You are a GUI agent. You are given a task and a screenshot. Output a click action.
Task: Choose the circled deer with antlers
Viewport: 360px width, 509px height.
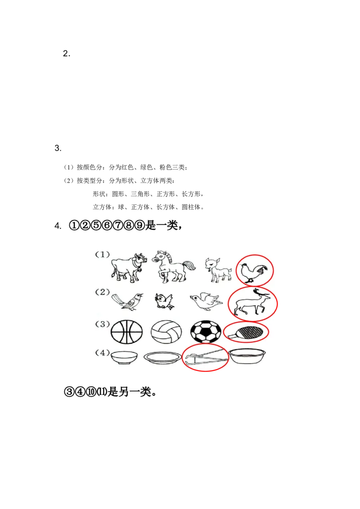click(251, 304)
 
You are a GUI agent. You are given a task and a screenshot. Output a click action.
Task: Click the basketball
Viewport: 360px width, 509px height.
click(126, 332)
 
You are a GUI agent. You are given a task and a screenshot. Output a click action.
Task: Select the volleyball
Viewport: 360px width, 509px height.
click(166, 332)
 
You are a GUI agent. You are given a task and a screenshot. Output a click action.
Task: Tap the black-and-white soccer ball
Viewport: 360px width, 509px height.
click(206, 332)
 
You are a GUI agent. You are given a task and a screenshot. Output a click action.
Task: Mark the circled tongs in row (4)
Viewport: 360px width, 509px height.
click(205, 358)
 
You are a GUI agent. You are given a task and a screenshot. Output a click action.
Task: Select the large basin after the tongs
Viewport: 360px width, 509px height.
click(247, 357)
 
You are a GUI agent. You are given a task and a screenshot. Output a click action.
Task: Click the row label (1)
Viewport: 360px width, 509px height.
click(102, 254)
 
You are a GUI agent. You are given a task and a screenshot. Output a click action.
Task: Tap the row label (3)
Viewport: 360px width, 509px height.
click(102, 324)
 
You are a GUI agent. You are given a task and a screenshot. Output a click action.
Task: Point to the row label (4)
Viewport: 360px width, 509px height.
click(102, 353)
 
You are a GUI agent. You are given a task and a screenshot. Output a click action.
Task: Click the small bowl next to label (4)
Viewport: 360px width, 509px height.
click(124, 357)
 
